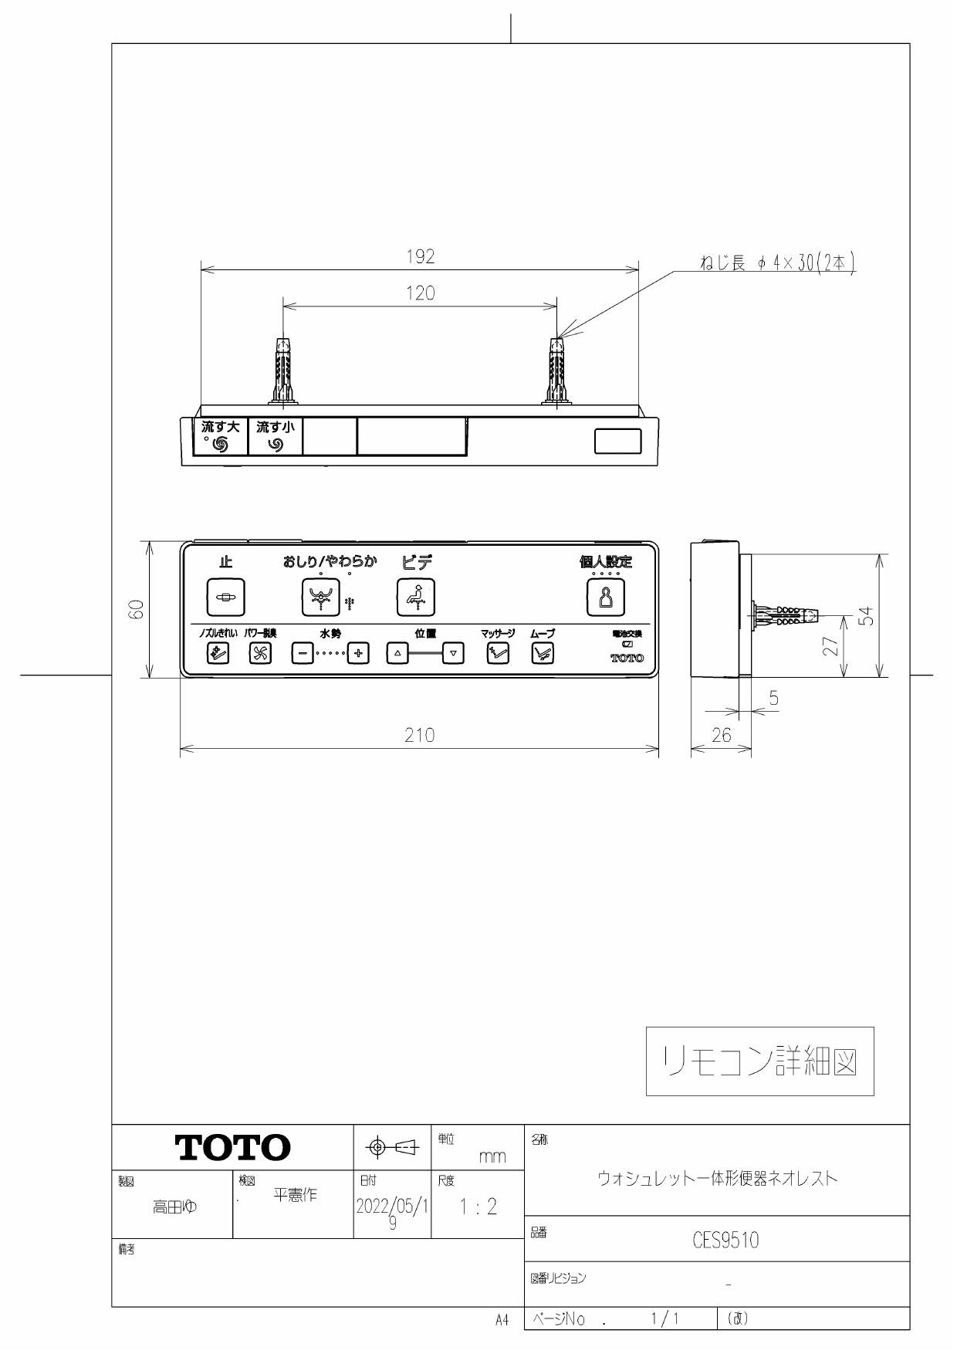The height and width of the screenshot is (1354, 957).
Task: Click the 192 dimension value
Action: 421,257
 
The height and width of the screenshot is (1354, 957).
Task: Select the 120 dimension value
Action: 421,293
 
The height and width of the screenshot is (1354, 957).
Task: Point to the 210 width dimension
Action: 420,736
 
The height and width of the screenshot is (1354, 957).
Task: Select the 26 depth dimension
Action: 721,736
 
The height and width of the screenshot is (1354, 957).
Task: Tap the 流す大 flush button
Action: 220,437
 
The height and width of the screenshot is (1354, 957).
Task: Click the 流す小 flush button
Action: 275,437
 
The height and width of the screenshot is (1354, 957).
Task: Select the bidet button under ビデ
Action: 415,597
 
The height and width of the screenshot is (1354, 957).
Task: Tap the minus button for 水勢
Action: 302,653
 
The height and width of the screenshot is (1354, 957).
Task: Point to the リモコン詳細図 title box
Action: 759,1061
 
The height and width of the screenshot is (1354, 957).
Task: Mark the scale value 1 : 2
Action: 477,1207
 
